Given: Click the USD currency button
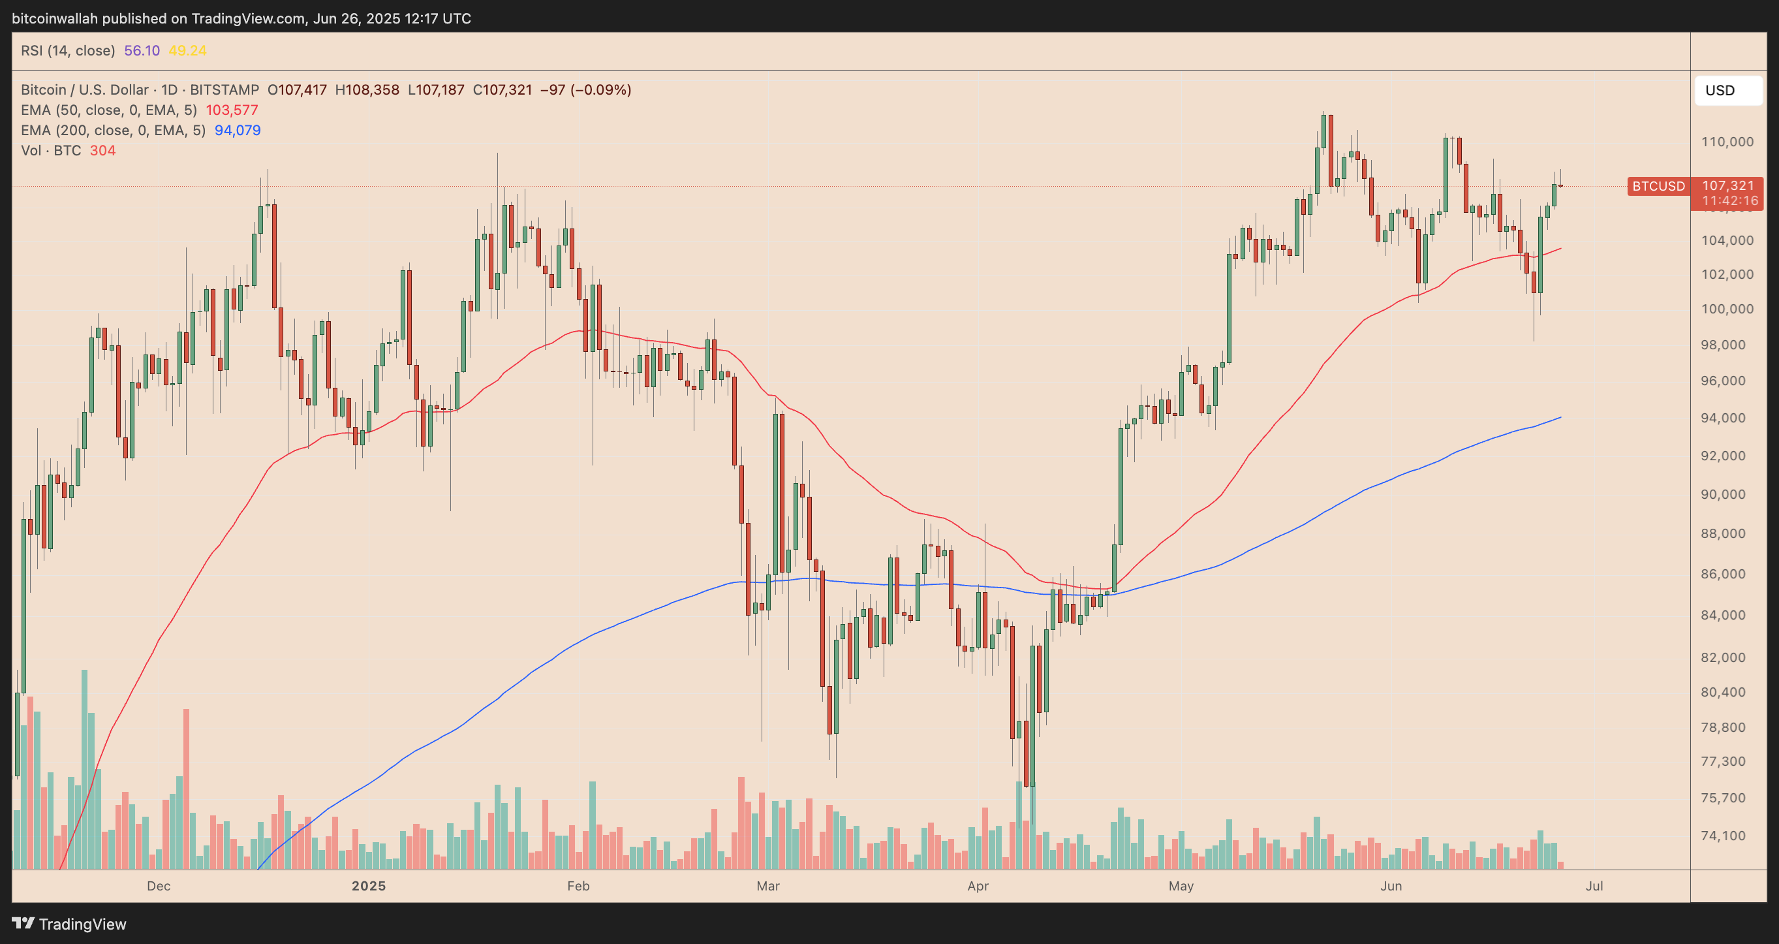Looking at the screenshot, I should click(1727, 91).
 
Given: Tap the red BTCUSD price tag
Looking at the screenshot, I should click(1658, 186).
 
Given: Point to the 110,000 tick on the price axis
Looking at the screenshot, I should click(1727, 142).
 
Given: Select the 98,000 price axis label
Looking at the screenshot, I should click(1727, 345).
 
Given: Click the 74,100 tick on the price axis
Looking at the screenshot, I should click(1727, 836).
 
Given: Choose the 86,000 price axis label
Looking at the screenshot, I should click(1727, 574).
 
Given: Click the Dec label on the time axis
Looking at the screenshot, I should click(158, 886).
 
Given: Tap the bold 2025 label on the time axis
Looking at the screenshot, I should click(368, 886).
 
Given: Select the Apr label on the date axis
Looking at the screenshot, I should click(978, 886).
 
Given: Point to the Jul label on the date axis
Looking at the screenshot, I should click(1594, 886).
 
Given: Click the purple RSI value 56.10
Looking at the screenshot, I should click(142, 50).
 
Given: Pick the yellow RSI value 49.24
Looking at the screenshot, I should click(187, 50).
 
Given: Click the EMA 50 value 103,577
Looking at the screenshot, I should click(232, 110).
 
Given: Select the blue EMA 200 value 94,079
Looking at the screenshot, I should click(237, 130).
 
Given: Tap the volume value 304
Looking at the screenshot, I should click(102, 151).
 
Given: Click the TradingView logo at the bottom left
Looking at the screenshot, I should click(69, 924).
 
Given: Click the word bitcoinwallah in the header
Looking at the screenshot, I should click(55, 19).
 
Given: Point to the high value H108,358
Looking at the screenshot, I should click(367, 90).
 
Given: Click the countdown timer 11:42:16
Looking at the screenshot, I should click(1729, 201).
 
